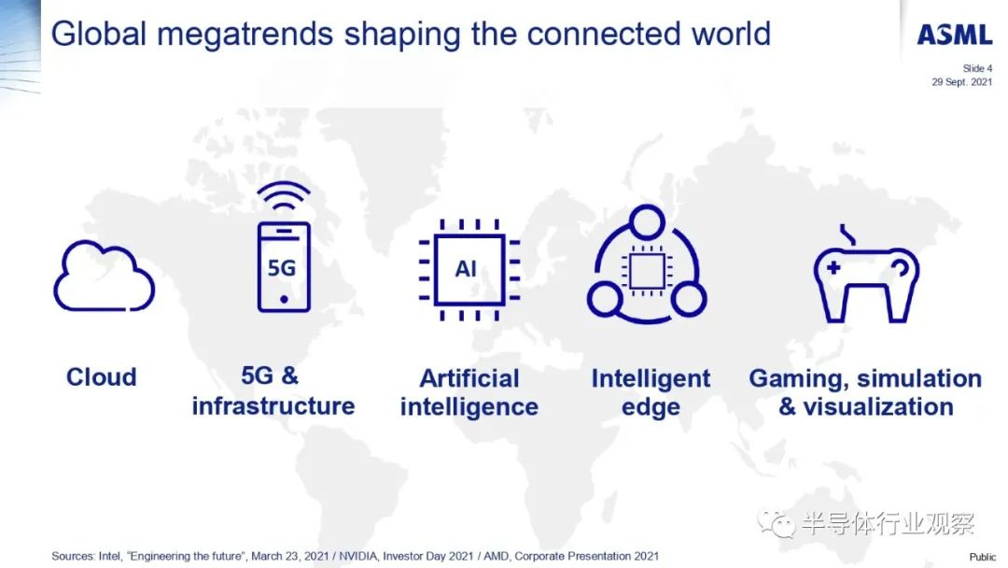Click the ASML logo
click(955, 34)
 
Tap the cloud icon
click(105, 277)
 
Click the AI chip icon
click(469, 270)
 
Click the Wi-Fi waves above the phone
click(284, 195)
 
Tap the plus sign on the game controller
click(833, 267)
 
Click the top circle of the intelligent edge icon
click(647, 222)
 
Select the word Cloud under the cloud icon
click(102, 376)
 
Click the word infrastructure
click(273, 405)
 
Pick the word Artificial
click(469, 378)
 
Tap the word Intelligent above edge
click(651, 379)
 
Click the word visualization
click(878, 406)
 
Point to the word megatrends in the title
click(245, 35)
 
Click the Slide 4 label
click(977, 68)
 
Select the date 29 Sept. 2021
click(961, 81)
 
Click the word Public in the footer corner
click(982, 557)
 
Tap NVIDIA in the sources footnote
click(358, 556)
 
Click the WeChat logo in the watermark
click(776, 523)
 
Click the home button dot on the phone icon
click(284, 299)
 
